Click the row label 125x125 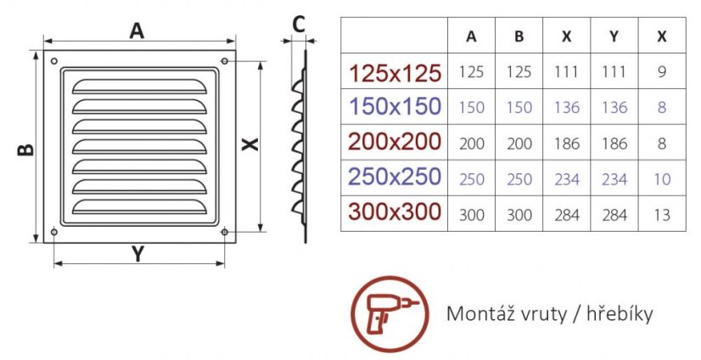point(395,72)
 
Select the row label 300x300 point(395,212)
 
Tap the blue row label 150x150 point(395,107)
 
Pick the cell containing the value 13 point(662,215)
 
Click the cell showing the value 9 point(662,71)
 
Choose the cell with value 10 point(662,179)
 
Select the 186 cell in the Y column point(614,143)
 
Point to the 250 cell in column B point(519,179)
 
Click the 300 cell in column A point(471,215)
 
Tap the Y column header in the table point(614,37)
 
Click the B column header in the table point(519,37)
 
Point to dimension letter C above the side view point(299,25)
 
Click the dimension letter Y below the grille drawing point(138,254)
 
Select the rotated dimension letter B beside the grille point(25,149)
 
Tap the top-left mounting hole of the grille point(54,61)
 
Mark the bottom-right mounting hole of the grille point(225,232)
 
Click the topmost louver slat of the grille point(139,87)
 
